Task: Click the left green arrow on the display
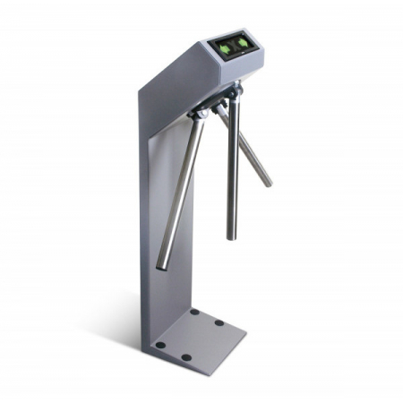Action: [x=223, y=44]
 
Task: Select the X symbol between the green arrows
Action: [x=233, y=45]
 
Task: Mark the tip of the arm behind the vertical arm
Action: [x=267, y=182]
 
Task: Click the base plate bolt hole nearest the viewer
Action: [x=184, y=356]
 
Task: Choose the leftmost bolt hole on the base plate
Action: [x=159, y=344]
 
